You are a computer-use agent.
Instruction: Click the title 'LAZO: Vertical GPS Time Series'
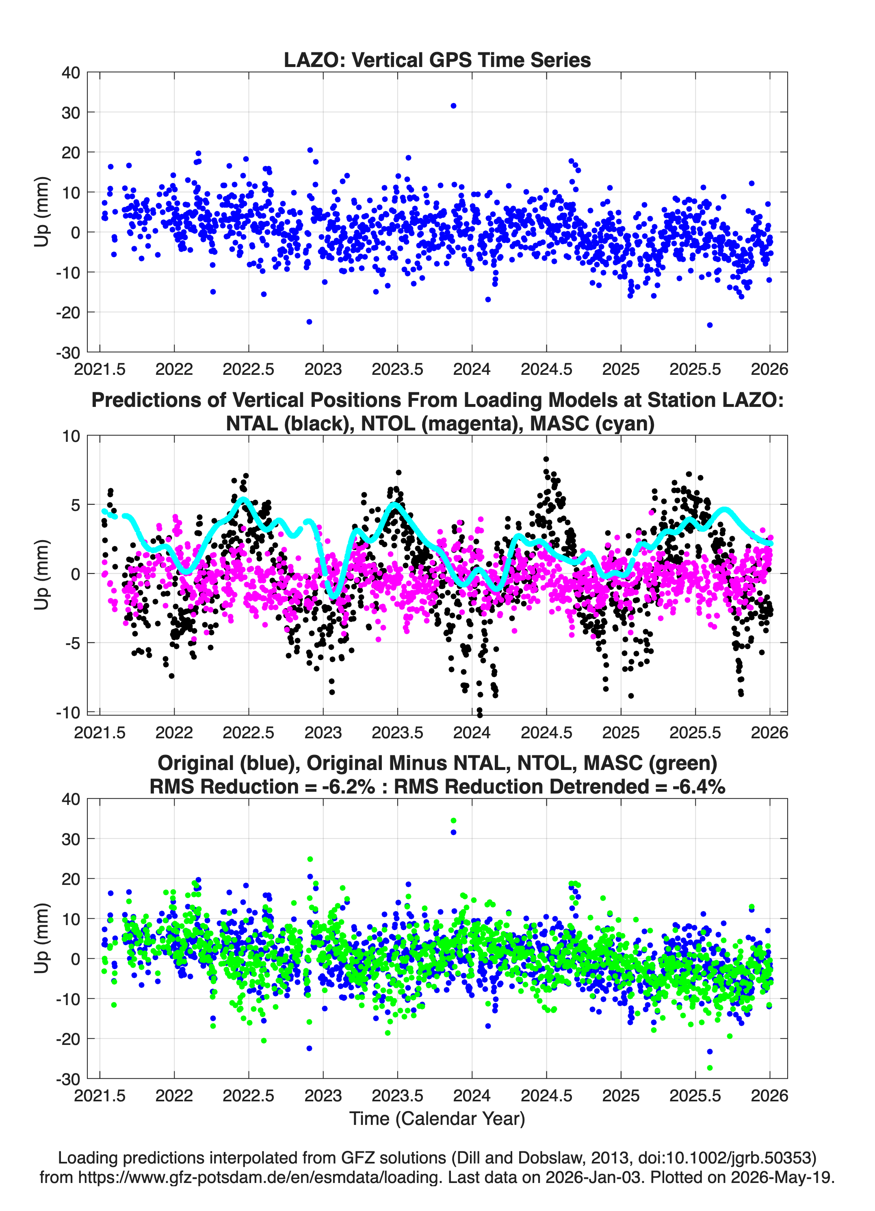click(x=437, y=60)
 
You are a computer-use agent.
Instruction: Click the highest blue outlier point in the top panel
click(x=453, y=106)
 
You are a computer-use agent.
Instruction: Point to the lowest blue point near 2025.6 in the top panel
click(x=709, y=324)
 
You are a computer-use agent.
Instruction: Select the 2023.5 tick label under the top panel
click(x=397, y=369)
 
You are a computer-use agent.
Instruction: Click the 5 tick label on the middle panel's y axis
click(x=75, y=504)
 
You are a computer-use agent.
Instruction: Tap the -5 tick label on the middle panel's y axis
click(x=73, y=643)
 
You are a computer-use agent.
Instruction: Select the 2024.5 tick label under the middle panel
click(x=546, y=732)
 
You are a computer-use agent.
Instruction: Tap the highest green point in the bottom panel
click(x=453, y=821)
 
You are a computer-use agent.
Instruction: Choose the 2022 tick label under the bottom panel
click(x=174, y=1096)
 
